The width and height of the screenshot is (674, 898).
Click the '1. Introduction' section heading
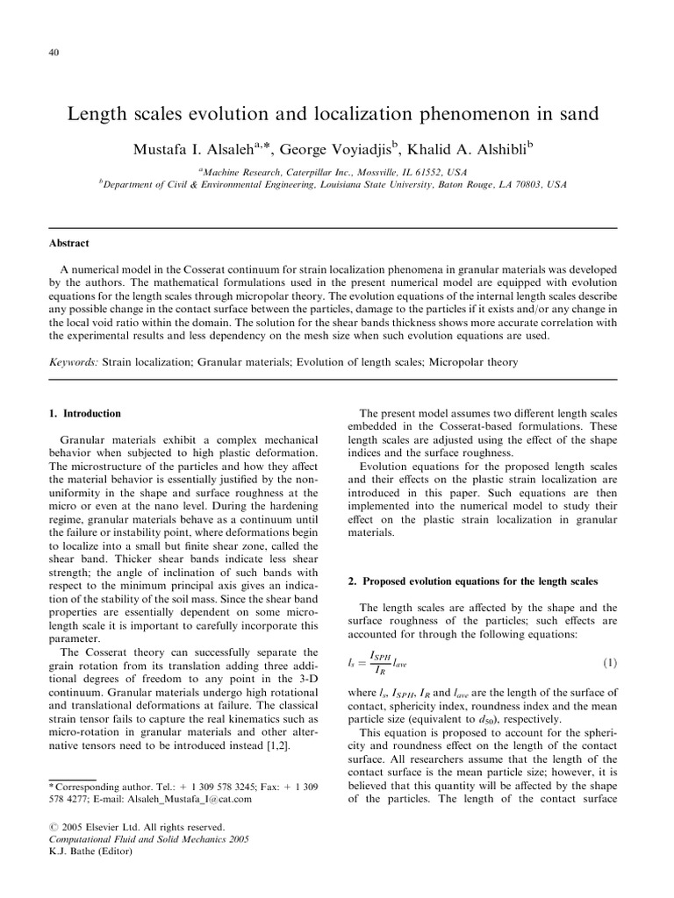(85, 413)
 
